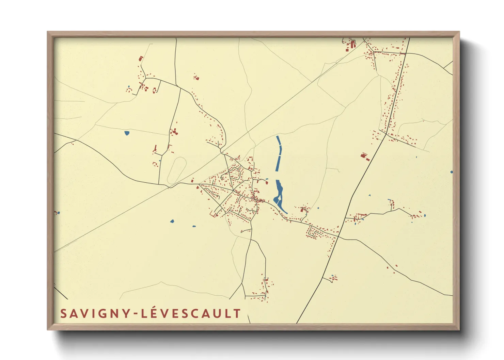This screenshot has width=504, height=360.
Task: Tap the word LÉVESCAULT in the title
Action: (x=191, y=313)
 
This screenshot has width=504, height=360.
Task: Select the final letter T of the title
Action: (x=237, y=313)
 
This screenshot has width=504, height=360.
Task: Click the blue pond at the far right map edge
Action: (x=452, y=172)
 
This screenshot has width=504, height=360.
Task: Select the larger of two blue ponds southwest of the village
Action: (x=172, y=222)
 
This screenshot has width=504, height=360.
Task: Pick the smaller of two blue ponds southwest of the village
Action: (x=194, y=226)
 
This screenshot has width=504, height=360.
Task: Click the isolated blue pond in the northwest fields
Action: (x=127, y=133)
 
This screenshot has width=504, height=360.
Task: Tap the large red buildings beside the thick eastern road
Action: (x=365, y=157)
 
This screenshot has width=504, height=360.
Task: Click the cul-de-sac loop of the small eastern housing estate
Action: (x=315, y=233)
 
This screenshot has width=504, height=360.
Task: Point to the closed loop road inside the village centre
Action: (x=235, y=174)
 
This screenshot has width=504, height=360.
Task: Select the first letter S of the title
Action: (x=63, y=314)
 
